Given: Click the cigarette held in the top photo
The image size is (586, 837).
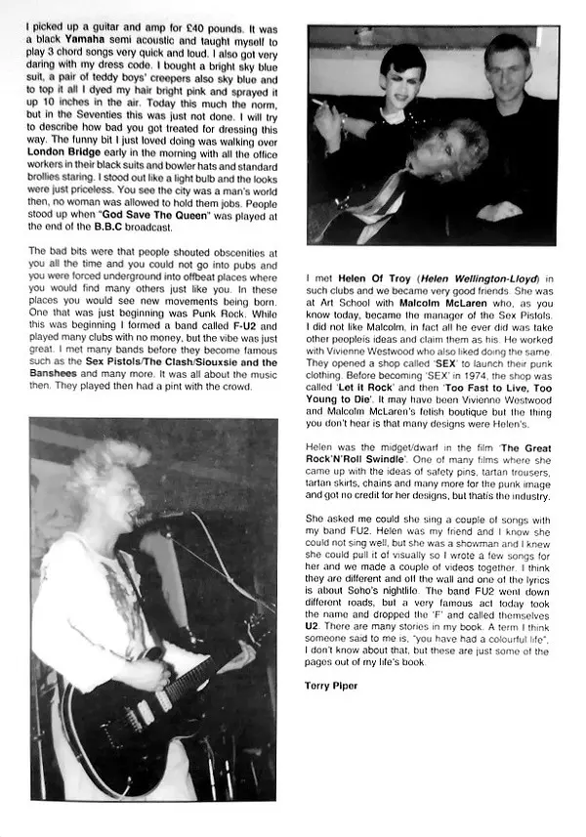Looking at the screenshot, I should pos(318,100).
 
